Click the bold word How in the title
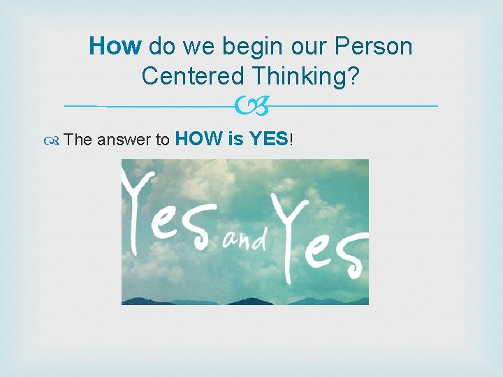pos(115,47)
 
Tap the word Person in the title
pos(374,47)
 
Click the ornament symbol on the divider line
pos(251,106)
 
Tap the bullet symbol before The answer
pos(54,140)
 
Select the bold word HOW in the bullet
pos(198,139)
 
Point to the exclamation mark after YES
pos(291,139)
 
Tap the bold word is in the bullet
pos(235,139)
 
